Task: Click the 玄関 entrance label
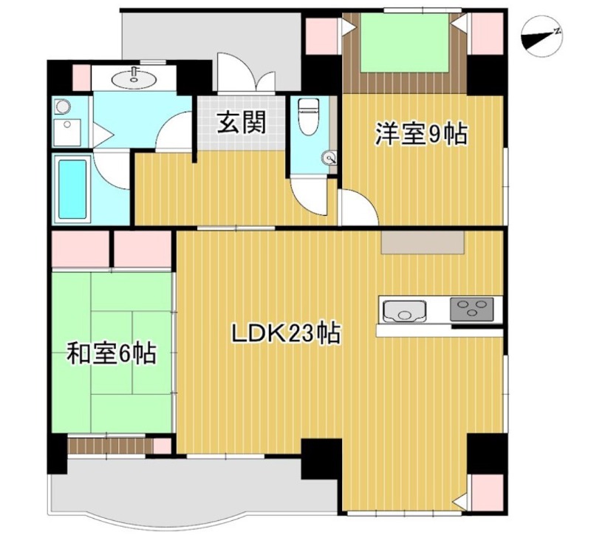241,123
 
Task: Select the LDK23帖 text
286,334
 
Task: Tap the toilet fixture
307,116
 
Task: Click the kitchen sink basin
403,310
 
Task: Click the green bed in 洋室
405,43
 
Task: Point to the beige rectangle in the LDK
423,243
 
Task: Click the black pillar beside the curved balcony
321,458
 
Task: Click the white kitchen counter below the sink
439,330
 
